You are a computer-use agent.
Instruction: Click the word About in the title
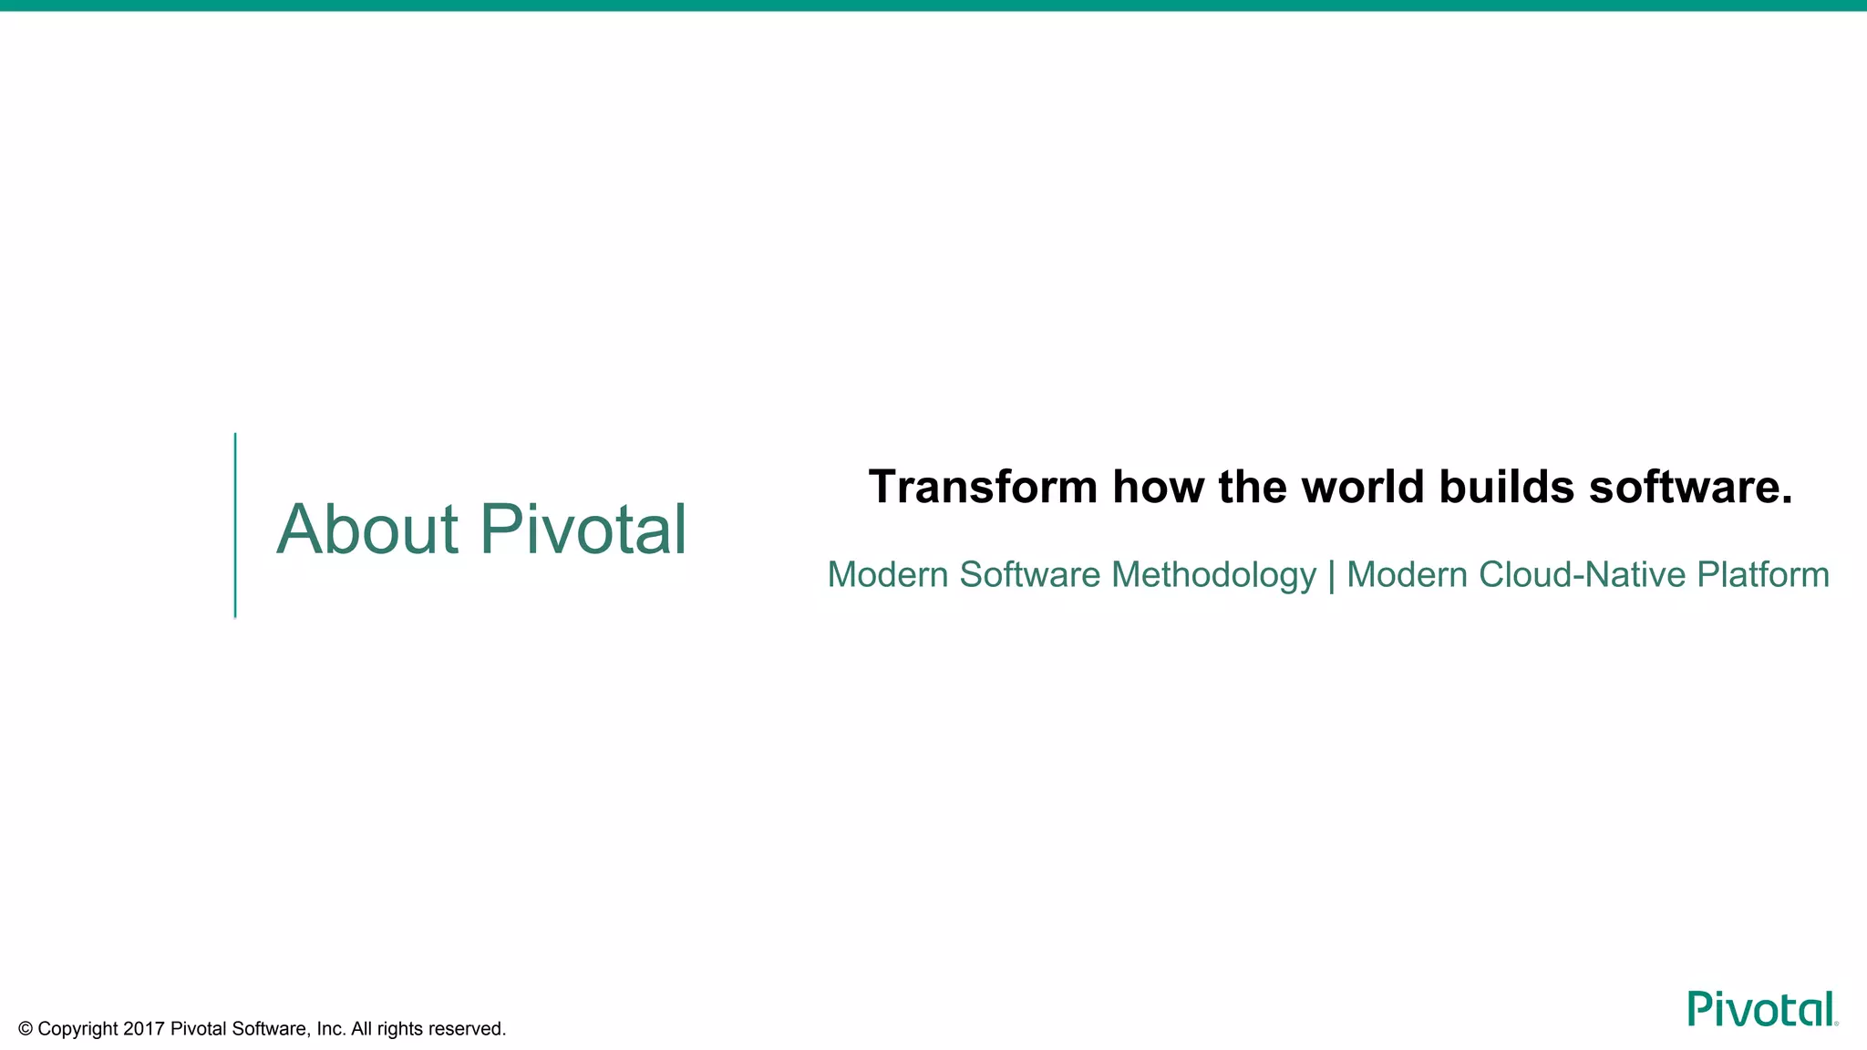[x=366, y=530]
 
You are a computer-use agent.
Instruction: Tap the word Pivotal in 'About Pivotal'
[x=583, y=530]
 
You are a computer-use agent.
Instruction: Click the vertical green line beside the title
[x=235, y=526]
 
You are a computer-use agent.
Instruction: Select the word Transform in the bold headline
[x=982, y=487]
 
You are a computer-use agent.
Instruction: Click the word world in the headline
[x=1362, y=487]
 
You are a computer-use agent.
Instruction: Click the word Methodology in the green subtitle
[x=1213, y=575]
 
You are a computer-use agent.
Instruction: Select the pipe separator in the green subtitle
[x=1332, y=575]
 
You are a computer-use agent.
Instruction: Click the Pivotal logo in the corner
[x=1761, y=1009]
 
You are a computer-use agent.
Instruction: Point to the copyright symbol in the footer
[x=26, y=1029]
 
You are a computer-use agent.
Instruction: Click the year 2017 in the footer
[x=143, y=1029]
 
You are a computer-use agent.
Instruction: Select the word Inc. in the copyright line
[x=331, y=1029]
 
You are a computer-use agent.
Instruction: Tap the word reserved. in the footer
[x=467, y=1029]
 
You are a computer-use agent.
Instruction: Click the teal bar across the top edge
[x=933, y=5]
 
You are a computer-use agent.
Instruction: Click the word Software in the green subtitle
[x=1029, y=575]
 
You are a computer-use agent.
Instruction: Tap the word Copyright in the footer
[x=77, y=1029]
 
